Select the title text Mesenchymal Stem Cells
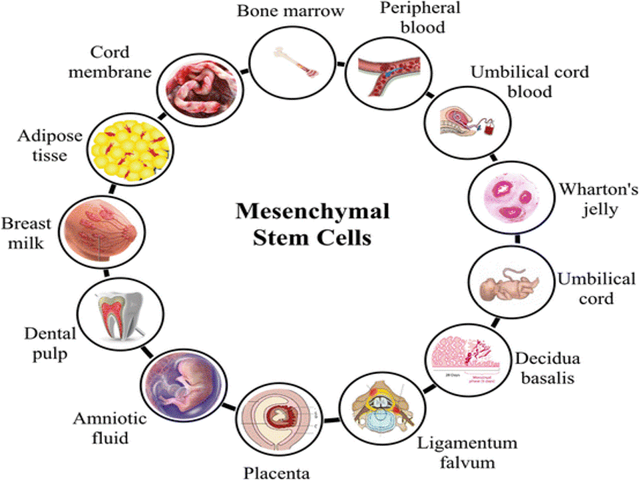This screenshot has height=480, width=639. (x=312, y=225)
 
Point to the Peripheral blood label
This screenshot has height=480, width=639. (x=410, y=18)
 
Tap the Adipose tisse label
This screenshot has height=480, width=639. (x=51, y=145)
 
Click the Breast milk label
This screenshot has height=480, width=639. (x=23, y=232)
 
